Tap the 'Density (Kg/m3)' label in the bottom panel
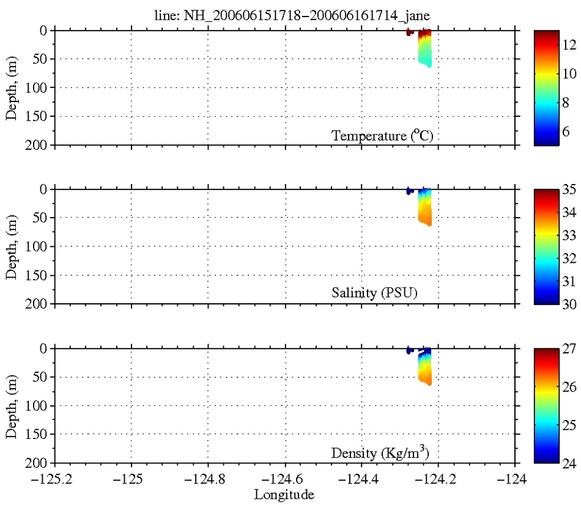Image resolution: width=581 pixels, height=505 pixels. [x=382, y=452]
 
